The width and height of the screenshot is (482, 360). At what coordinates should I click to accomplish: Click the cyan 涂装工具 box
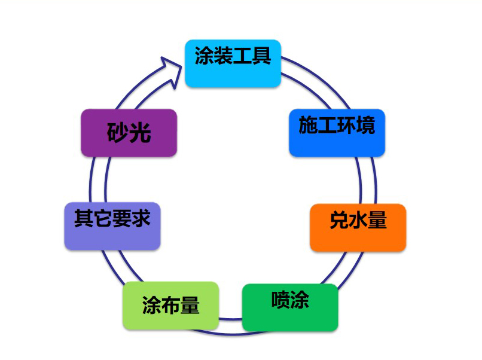233,63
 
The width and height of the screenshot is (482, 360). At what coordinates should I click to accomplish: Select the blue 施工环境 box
337,132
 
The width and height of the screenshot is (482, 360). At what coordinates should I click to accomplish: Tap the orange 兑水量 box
358,227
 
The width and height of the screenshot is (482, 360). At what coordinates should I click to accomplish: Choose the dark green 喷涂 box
290,307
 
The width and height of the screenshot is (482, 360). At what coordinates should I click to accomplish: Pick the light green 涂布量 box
171,305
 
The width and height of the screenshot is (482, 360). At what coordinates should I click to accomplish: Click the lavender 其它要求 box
112,226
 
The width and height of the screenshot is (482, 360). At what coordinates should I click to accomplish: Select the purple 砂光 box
129,133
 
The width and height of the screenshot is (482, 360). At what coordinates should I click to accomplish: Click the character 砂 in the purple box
118,133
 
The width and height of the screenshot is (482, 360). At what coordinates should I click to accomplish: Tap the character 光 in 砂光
140,133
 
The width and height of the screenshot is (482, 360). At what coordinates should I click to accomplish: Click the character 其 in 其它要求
83,218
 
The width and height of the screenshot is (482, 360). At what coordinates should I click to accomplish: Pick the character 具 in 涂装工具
261,56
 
